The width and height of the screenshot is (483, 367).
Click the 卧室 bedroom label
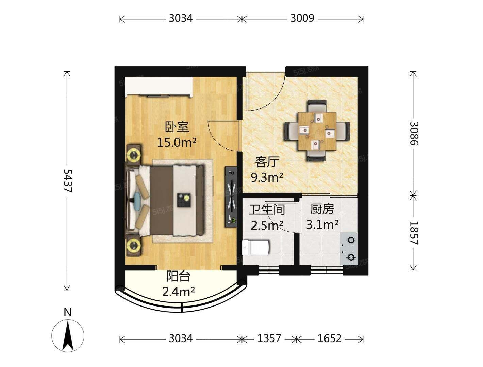tap(177, 127)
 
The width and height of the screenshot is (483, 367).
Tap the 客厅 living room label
tap(267, 162)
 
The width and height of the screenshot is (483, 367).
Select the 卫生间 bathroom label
tap(267, 210)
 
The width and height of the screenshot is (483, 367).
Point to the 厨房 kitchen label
tap(322, 209)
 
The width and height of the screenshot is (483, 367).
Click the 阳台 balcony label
tap(178, 277)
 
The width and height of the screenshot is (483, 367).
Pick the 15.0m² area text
tap(177, 142)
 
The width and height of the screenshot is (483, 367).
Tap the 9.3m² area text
tap(267, 177)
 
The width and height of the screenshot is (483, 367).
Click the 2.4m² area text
tap(178, 291)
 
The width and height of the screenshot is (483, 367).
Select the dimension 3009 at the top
tap(302, 18)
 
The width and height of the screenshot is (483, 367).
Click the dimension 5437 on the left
tap(68, 180)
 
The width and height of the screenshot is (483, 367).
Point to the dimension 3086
tap(413, 133)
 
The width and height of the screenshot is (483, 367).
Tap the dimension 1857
tap(413, 233)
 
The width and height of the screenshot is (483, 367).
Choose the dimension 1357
tap(269, 338)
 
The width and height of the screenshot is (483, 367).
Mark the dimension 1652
tap(329, 338)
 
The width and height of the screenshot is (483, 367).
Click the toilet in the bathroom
tap(255, 247)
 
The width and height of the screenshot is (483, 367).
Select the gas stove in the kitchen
tap(349, 249)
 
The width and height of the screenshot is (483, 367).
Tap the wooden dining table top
tap(317, 132)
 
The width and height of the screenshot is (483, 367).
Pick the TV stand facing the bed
tap(231, 197)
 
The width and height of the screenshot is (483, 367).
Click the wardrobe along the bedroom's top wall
tap(159, 87)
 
